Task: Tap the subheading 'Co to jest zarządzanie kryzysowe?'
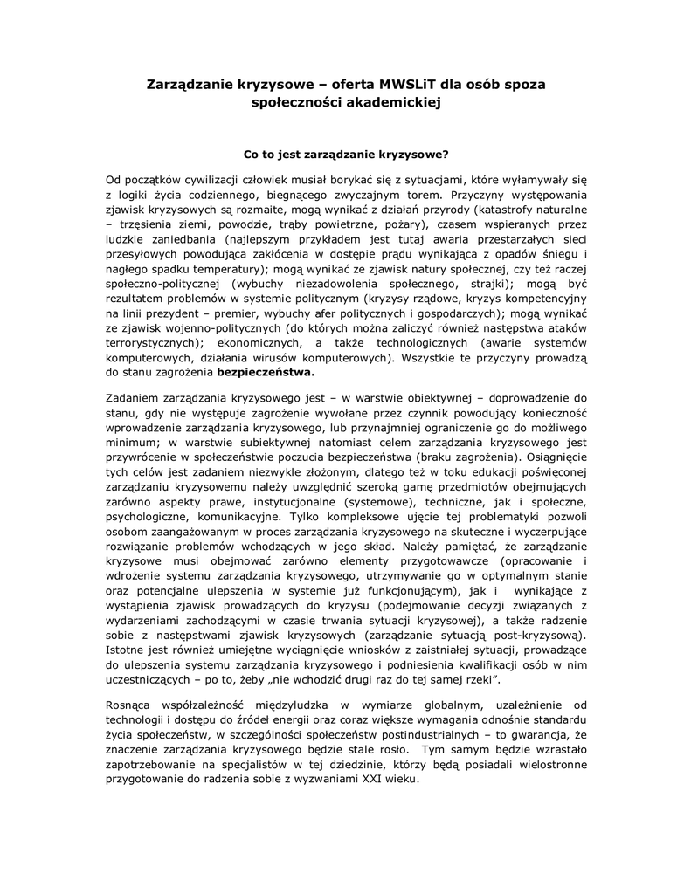(x=345, y=155)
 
